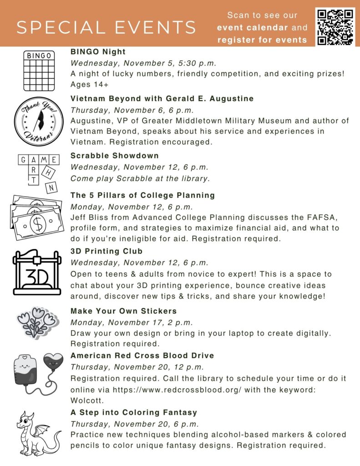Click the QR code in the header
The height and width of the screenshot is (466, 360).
[x=336, y=26]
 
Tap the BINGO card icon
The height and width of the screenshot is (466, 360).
[x=39, y=71]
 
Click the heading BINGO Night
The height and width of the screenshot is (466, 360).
[x=98, y=52]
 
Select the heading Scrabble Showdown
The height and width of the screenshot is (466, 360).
[x=114, y=156]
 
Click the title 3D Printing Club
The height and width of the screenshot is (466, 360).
[x=106, y=251]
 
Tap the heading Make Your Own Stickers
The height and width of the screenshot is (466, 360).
[x=123, y=311]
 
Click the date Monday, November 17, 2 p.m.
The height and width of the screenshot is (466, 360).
[x=131, y=322]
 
